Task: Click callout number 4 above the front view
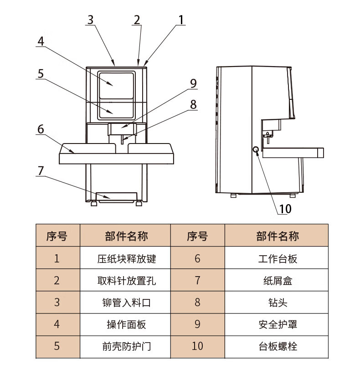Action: point(41,41)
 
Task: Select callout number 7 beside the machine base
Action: point(41,171)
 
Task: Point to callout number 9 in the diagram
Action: point(193,83)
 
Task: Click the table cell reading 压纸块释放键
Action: point(126,259)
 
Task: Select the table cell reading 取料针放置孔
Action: point(126,280)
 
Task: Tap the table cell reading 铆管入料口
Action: point(126,302)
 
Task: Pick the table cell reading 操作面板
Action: point(126,324)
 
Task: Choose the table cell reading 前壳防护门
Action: point(126,346)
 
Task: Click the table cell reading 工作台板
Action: point(278,259)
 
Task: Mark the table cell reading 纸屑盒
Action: point(278,280)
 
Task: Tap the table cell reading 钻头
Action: point(278,302)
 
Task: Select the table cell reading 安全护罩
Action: point(278,324)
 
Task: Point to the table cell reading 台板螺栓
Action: point(278,346)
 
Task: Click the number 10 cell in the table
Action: point(197,346)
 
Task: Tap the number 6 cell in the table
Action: point(197,259)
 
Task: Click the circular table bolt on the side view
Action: point(256,149)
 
